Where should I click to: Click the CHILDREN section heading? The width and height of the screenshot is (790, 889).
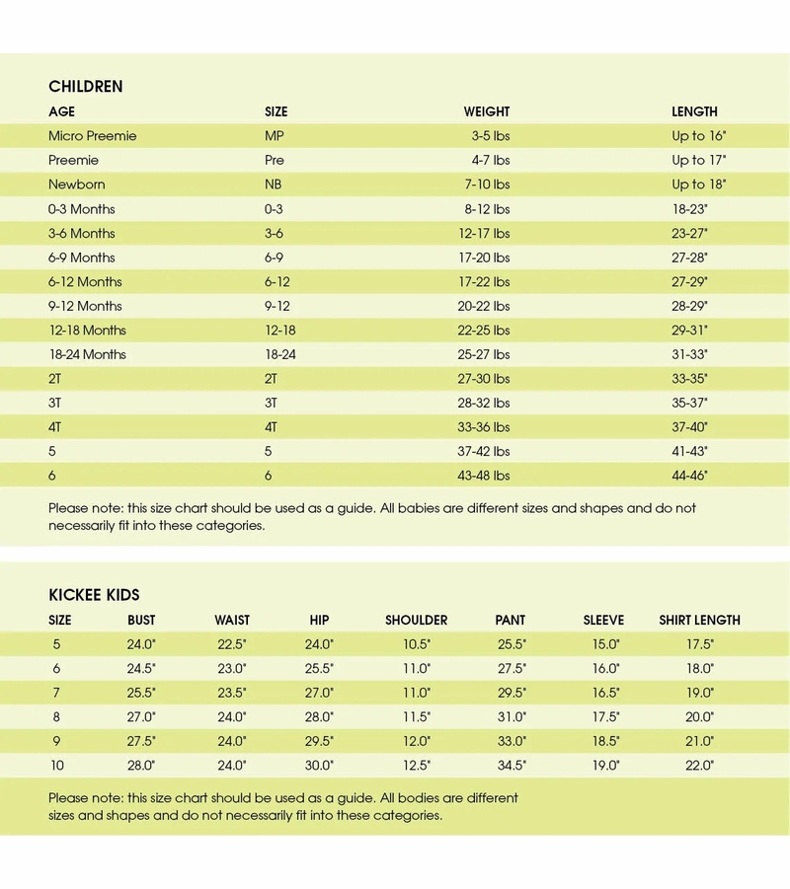point(86,86)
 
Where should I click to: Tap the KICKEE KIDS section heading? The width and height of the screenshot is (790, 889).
point(94,595)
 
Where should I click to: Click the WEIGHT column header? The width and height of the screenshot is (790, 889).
point(487,111)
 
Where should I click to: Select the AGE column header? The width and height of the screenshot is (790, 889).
point(61,111)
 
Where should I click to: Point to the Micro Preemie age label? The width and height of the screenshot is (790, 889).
point(93,135)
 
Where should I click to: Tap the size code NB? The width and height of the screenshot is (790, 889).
point(274,185)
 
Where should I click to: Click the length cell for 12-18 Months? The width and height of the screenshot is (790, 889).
point(689,331)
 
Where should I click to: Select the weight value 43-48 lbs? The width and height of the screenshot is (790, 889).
point(486,476)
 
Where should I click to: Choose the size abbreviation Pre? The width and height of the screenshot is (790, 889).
point(275,160)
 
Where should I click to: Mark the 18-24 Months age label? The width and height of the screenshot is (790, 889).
point(88,354)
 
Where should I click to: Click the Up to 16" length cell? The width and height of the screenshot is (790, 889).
point(698,135)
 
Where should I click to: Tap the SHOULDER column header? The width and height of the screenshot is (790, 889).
point(416,621)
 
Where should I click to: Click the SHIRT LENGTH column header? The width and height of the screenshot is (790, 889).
point(699,621)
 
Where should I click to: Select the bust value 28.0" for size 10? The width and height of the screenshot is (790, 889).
point(141,765)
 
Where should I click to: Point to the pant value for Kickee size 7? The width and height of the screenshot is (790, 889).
point(511,693)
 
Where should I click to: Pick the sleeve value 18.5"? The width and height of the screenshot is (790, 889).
point(604,741)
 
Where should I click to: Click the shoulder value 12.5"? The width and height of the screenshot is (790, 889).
point(417,765)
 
